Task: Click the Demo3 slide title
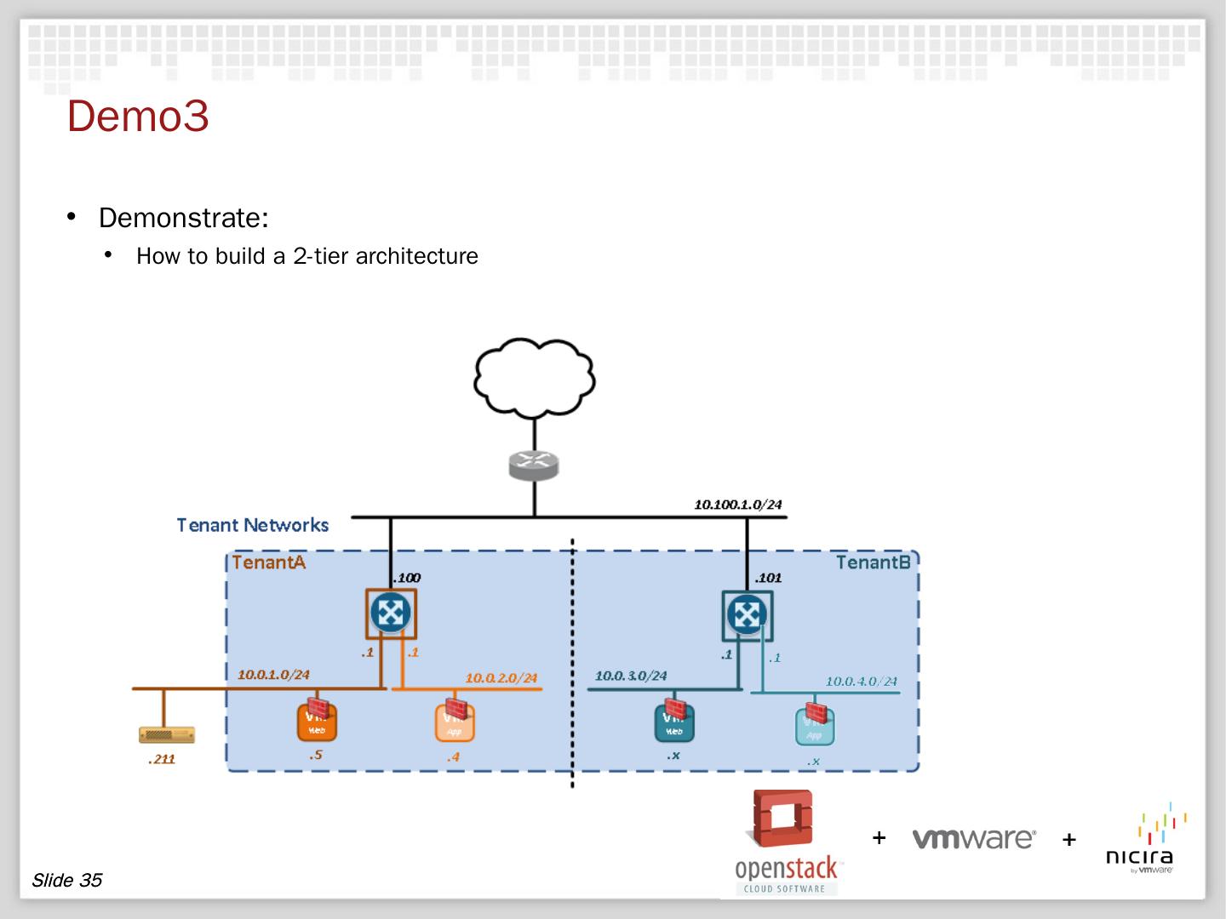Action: point(138,117)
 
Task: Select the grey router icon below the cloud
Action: point(534,464)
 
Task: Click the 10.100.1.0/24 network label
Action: point(737,505)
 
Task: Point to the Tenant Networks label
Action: point(253,525)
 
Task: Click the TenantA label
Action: point(268,562)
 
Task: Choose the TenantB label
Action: point(873,562)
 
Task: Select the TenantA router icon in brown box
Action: point(392,613)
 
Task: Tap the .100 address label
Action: point(406,578)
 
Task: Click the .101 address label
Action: point(767,578)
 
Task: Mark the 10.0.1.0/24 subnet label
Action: point(273,675)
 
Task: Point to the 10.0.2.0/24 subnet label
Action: point(501,678)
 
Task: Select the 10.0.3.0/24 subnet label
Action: point(631,676)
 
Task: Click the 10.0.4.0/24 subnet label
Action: point(861,681)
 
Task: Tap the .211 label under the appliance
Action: point(161,759)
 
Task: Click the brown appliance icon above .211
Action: point(167,734)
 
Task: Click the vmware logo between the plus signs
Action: point(973,839)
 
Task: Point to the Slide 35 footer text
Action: point(66,880)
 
